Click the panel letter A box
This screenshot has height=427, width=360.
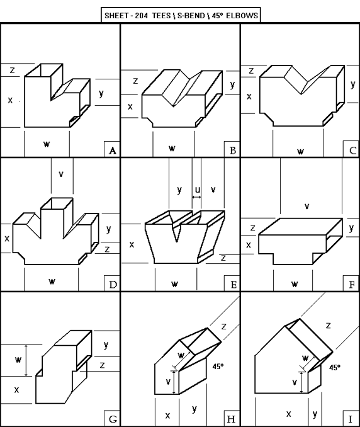click(112, 150)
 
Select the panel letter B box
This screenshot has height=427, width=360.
click(232, 150)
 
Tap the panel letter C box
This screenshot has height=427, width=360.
click(352, 150)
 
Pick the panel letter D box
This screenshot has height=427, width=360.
click(112, 285)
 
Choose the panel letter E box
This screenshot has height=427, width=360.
click(232, 285)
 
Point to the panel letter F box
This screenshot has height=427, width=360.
click(352, 285)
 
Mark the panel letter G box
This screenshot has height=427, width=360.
click(112, 419)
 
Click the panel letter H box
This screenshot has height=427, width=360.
click(232, 419)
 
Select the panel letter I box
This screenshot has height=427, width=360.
click(352, 419)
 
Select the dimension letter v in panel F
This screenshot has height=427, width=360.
click(307, 206)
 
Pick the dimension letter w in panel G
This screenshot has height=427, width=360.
click(18, 360)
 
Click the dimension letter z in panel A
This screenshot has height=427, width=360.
click(12, 71)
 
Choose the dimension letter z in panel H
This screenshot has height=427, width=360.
click(223, 326)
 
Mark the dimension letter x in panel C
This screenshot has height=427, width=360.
click(249, 96)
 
